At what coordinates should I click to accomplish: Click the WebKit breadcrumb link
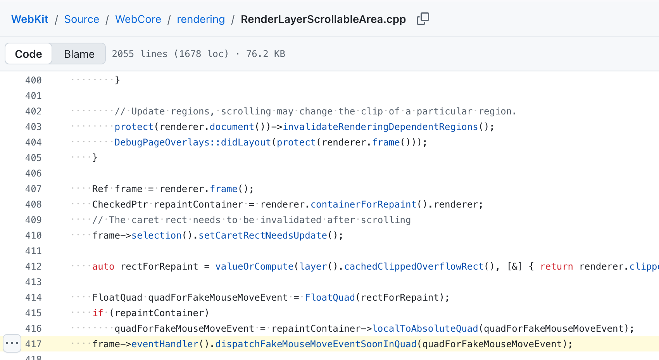click(30, 19)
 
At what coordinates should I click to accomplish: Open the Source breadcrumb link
click(81, 19)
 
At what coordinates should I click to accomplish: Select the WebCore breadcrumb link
click(138, 19)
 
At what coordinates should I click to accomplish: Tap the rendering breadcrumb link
click(201, 19)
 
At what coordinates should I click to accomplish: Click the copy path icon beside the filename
click(423, 19)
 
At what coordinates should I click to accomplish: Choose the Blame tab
click(79, 54)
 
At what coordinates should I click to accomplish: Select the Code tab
click(29, 54)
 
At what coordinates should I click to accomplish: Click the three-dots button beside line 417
click(12, 343)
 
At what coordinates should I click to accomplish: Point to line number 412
click(33, 267)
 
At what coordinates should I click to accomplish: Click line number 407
click(33, 189)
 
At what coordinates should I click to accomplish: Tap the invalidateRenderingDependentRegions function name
click(380, 127)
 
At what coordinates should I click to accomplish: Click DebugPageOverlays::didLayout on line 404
click(192, 142)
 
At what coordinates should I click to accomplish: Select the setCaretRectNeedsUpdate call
click(263, 235)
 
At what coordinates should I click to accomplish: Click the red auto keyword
click(103, 267)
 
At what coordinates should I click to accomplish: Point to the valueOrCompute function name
click(254, 267)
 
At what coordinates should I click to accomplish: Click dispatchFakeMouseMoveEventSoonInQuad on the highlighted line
click(316, 344)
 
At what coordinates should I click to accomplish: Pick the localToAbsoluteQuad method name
click(425, 329)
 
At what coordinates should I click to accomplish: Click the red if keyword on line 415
click(98, 313)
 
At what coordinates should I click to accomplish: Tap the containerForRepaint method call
click(364, 204)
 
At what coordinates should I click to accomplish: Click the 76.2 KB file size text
click(266, 54)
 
